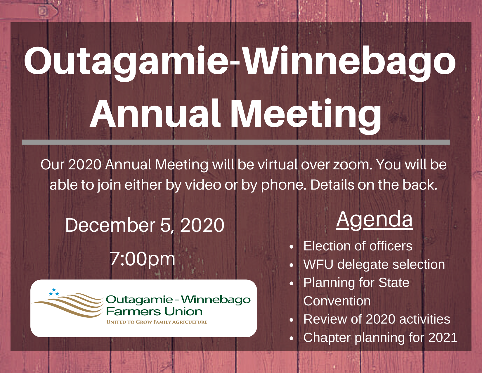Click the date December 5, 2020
tap(145, 225)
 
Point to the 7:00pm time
tap(142, 259)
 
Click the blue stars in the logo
tap(54, 292)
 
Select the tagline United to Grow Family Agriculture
tap(157, 322)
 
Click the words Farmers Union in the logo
tap(154, 312)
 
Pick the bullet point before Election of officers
tap(292, 247)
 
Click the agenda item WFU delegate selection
tap(374, 264)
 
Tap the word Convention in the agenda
tap(337, 301)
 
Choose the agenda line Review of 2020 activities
tap(377, 319)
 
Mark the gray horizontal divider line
tap(235, 142)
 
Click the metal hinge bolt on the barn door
tap(43, 11)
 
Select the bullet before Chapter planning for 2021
tap(292, 338)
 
